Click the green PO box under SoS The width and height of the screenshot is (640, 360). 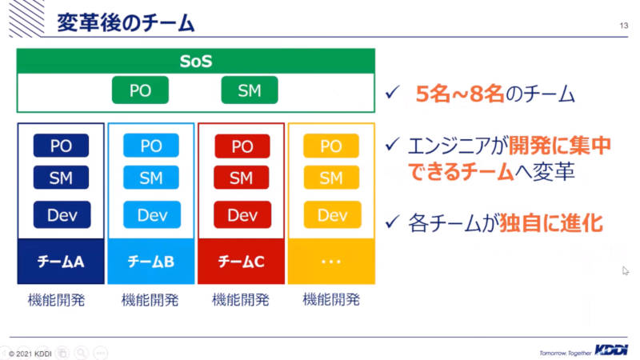(140, 90)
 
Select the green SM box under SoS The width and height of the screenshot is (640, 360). (250, 90)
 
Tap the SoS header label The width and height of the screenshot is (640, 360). (196, 62)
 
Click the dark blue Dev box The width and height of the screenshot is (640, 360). (62, 214)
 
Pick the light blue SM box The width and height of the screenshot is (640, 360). (151, 178)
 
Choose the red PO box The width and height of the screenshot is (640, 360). (242, 146)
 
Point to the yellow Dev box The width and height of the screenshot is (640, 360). (332, 214)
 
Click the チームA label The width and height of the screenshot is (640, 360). (61, 262)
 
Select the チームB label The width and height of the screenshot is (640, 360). (151, 262)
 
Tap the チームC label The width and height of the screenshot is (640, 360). (242, 262)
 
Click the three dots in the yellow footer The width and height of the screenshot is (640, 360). (331, 262)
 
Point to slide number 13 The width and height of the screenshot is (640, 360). (624, 26)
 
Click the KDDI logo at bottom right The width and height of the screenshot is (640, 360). (611, 350)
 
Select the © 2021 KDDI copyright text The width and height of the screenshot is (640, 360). (30, 354)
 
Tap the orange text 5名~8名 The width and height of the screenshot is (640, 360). (459, 94)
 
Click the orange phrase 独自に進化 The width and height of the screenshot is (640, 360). (551, 223)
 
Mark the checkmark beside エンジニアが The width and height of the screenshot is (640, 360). (392, 145)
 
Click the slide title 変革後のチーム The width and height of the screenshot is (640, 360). (126, 22)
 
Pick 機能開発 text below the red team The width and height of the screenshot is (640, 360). (241, 300)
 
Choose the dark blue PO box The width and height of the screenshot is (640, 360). (61, 146)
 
